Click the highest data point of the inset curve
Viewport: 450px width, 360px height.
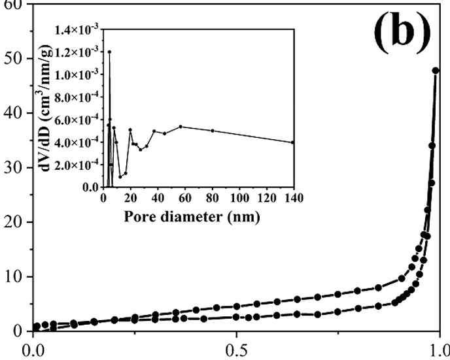[109, 52]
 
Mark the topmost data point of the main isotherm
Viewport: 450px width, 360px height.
[436, 70]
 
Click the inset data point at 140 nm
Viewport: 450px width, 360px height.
[293, 142]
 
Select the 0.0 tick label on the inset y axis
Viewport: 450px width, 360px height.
[92, 188]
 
